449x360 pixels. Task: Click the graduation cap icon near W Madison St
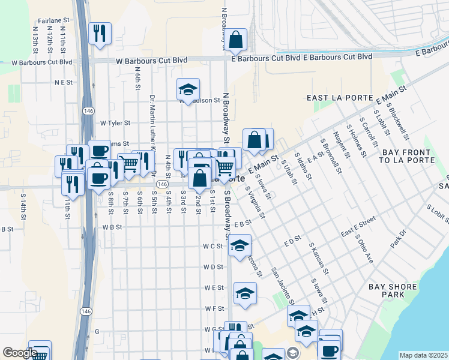pos(188,90)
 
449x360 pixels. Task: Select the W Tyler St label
pos(115,123)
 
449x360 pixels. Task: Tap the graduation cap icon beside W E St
pos(245,293)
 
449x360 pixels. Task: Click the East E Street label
pos(358,230)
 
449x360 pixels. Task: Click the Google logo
pos(20,353)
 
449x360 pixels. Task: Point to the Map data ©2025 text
pos(423,355)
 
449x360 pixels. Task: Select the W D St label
pos(212,267)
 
